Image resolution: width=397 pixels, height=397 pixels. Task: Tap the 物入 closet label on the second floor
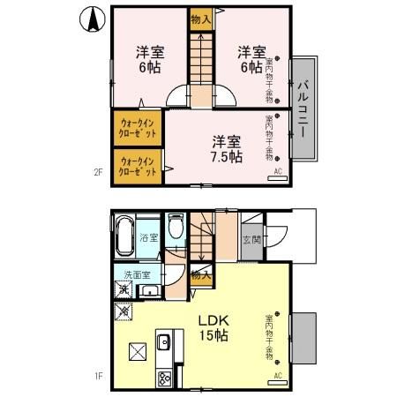[x=200, y=19]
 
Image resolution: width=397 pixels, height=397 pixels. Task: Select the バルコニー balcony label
[x=301, y=109]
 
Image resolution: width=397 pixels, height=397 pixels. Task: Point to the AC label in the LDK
[x=277, y=375]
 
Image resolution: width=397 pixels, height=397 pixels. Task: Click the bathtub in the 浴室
[x=124, y=236]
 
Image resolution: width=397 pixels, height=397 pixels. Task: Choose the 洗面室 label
[x=138, y=274]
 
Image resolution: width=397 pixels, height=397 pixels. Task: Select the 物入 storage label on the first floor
[x=201, y=275]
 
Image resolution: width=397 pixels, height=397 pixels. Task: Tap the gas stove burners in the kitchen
[x=165, y=378]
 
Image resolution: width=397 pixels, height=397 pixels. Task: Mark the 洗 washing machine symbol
[x=124, y=289]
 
